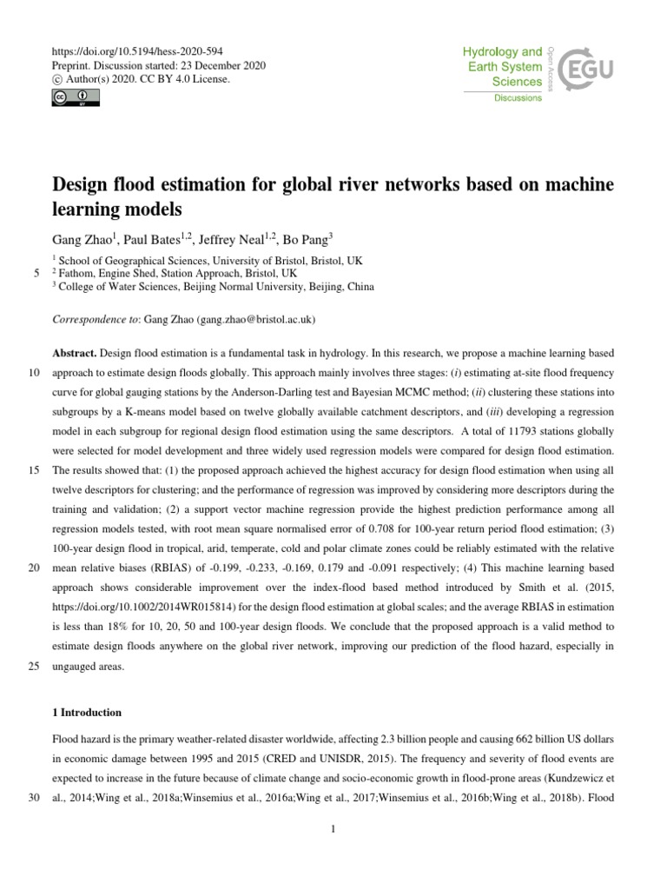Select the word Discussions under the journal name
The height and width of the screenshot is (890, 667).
click(x=518, y=98)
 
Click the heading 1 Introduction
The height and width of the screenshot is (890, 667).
click(x=88, y=713)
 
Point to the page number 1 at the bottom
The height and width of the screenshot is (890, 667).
click(x=333, y=829)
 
